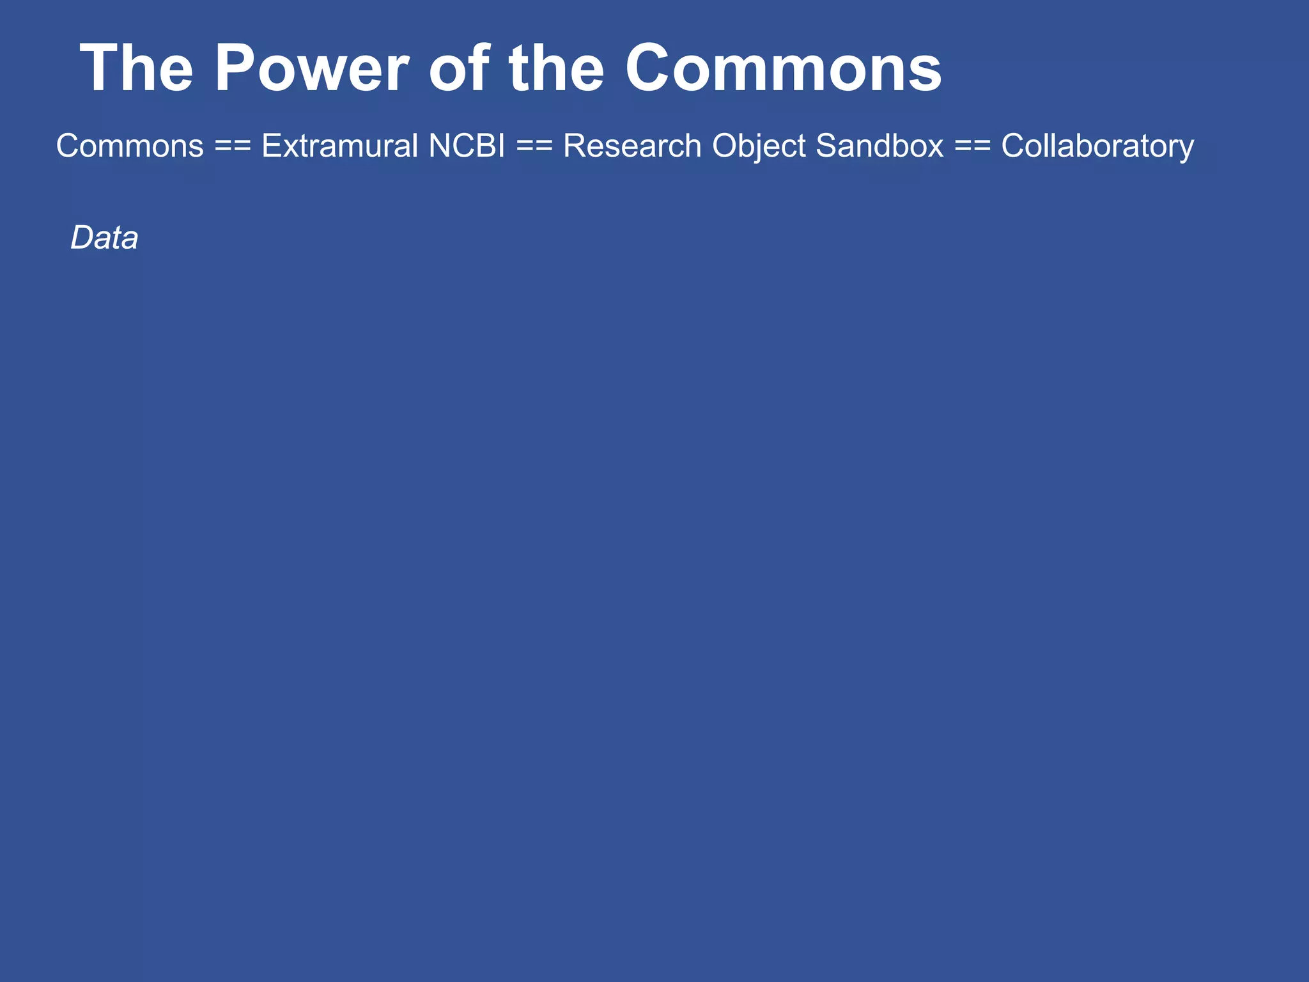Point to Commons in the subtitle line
coord(130,146)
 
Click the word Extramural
coord(339,146)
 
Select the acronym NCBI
coord(467,146)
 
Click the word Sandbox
coord(879,146)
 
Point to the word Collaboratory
coord(1097,146)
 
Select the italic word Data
coord(104,238)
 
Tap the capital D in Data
coord(82,238)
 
